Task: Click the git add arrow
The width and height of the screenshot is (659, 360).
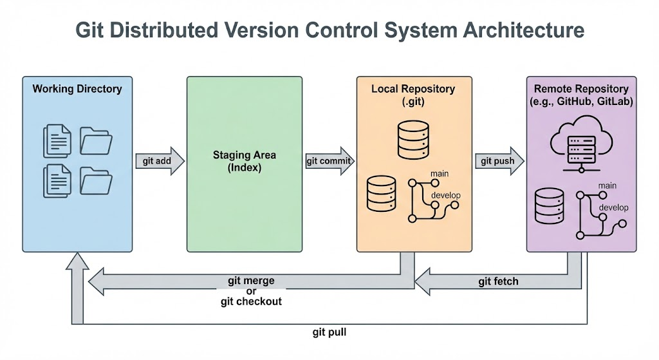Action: coord(160,161)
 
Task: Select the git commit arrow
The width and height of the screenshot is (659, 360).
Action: coord(330,161)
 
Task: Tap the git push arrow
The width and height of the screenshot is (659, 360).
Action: coord(499,161)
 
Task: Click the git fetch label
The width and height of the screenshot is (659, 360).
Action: coord(498,281)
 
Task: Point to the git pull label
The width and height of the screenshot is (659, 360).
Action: coord(329,332)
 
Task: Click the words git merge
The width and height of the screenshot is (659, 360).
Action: coord(251,281)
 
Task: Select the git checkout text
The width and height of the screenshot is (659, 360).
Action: coord(251,301)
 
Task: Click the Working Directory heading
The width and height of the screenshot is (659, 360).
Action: coord(77,89)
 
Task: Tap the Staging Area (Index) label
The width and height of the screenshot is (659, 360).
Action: coord(244,161)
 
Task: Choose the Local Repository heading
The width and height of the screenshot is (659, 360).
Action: coord(413,89)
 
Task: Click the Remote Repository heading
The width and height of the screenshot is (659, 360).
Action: coord(581,89)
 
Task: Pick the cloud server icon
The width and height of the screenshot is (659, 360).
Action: coord(581,146)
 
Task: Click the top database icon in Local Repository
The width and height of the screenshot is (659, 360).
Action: coord(413,140)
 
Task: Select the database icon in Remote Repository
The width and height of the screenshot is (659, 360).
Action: coord(550,205)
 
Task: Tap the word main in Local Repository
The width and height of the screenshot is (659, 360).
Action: coord(440,174)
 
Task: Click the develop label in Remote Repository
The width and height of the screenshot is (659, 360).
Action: coord(613,207)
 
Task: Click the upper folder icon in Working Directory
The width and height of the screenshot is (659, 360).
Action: coord(96,141)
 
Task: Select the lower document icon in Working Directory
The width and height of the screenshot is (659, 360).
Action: coord(57,181)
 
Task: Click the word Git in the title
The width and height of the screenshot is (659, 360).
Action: coord(89,30)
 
